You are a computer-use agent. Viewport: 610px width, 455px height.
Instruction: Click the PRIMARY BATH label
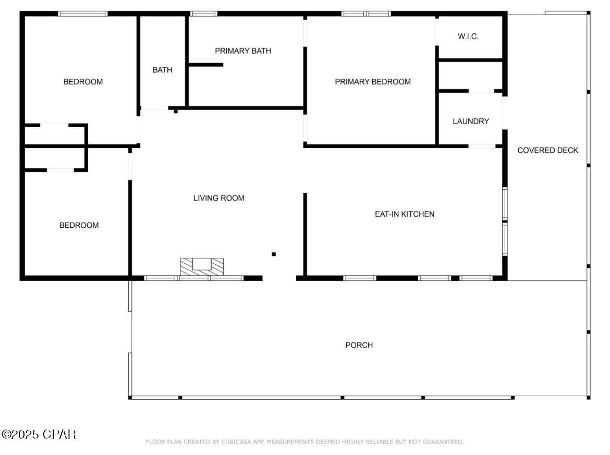[243, 51]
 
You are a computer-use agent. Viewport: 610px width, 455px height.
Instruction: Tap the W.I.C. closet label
[468, 36]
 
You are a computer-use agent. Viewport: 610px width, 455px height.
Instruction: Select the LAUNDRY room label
[471, 121]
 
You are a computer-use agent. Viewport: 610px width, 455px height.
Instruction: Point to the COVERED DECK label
[548, 151]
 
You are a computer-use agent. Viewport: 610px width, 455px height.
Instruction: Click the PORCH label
[359, 346]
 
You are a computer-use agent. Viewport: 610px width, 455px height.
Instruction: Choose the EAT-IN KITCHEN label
[405, 214]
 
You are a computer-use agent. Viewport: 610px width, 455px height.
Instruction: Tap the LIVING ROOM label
[218, 199]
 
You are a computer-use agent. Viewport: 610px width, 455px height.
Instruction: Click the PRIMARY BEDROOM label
[373, 82]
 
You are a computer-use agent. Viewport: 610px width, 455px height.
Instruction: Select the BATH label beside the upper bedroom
[162, 70]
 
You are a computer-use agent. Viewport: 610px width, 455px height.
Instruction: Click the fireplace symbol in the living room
[202, 267]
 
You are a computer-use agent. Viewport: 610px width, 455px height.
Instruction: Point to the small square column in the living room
[274, 254]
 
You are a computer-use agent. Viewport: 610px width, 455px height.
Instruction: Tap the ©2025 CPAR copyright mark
[39, 434]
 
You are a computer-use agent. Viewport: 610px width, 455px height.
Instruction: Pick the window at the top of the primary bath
[204, 14]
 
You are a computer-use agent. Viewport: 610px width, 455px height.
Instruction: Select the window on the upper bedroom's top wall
[83, 14]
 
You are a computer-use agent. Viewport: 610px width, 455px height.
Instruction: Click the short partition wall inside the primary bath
[206, 65]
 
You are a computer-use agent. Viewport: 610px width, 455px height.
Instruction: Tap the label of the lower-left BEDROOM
[79, 226]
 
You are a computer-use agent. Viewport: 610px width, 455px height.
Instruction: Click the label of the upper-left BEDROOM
[83, 82]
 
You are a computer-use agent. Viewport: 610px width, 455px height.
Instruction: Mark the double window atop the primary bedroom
[366, 14]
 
